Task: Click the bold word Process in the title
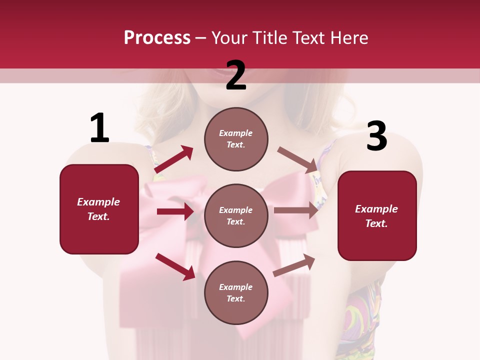157,38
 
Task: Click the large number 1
99,128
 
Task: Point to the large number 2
236,76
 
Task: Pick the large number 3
376,136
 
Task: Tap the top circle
236,139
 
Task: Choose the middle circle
236,215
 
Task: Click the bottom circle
236,292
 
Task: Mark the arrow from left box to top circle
174,159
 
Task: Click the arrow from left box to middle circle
175,211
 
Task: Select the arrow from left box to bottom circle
175,266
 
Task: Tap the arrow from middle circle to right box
296,210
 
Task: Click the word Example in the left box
98,202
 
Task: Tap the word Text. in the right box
376,223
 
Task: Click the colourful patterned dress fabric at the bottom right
362,320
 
